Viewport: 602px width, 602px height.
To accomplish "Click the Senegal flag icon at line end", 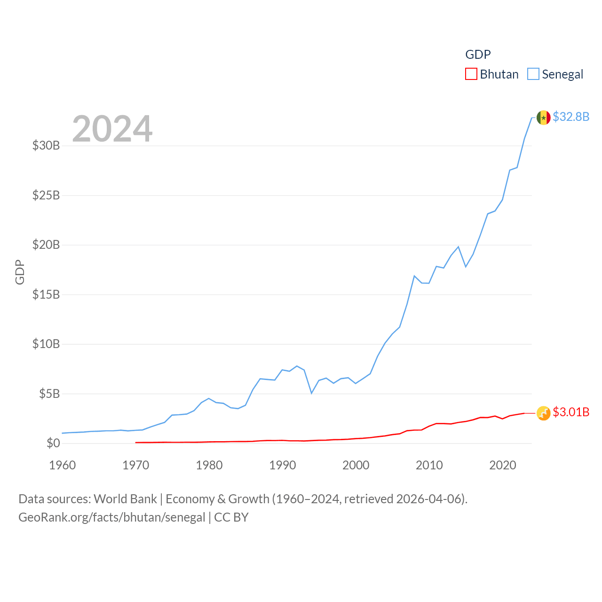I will [x=543, y=118].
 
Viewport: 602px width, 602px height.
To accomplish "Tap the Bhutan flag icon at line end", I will [x=543, y=413].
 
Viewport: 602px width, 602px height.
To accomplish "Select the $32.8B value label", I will [x=571, y=117].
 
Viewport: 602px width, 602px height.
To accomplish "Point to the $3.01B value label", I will [x=571, y=412].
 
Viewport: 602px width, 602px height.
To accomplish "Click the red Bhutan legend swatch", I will [x=471, y=74].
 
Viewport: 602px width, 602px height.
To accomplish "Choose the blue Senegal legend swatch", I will [x=533, y=74].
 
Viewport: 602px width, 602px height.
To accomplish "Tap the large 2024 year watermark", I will [x=112, y=128].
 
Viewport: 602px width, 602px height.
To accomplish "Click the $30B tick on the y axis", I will [x=46, y=145].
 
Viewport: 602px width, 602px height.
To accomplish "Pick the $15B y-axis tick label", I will [x=46, y=294].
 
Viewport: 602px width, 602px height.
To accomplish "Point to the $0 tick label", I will [x=53, y=443].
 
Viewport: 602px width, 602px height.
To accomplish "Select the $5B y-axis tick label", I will [x=49, y=394].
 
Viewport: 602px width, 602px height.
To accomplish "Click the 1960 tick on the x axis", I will [x=63, y=465].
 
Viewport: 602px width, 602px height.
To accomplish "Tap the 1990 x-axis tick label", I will [x=283, y=465].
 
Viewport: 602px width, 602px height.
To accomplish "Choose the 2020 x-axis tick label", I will [x=503, y=465].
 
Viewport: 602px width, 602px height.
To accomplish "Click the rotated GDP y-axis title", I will [x=20, y=272].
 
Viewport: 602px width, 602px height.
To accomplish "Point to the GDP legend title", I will [x=478, y=55].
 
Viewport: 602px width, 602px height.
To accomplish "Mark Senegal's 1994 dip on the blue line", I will [x=311, y=393].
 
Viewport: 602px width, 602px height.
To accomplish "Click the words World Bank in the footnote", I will [x=125, y=499].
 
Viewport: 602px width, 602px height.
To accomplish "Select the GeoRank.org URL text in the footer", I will [x=112, y=517].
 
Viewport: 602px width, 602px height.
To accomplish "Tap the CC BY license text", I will [x=231, y=517].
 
